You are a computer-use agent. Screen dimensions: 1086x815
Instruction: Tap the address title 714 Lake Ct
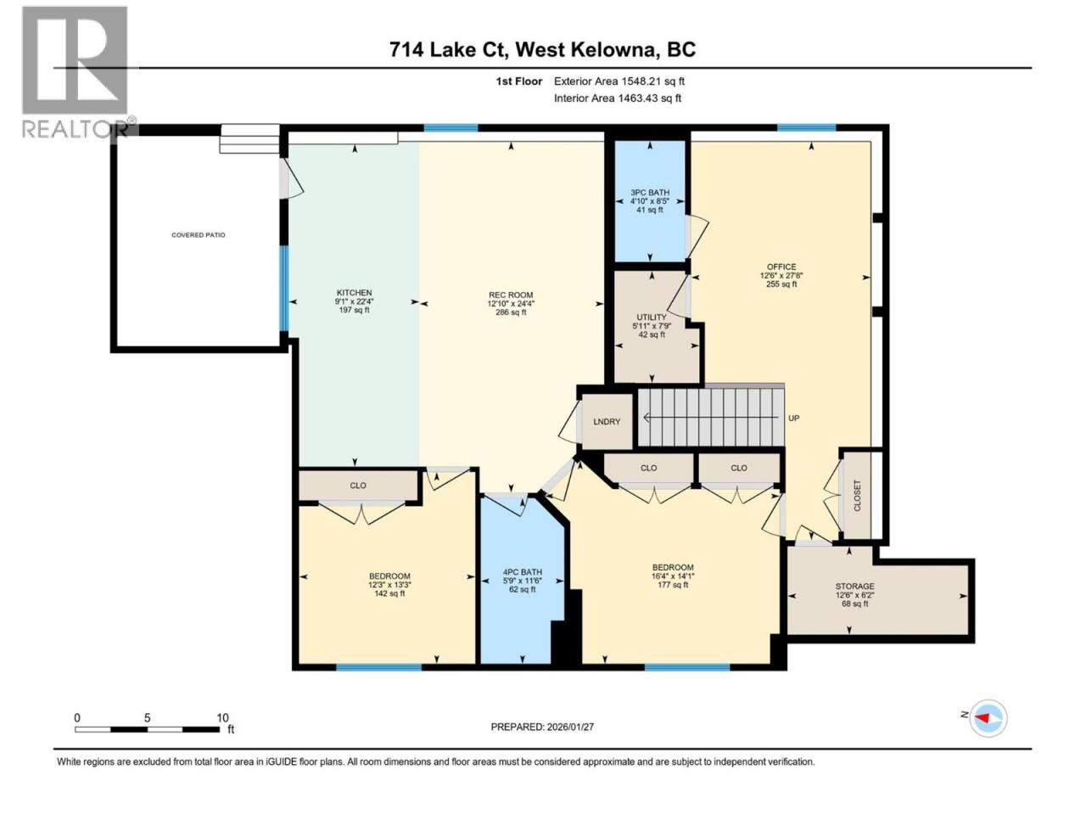[x=448, y=49]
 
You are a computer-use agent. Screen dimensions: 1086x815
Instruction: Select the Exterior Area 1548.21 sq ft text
[x=619, y=81]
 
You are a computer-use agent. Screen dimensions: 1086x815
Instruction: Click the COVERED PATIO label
[x=198, y=234]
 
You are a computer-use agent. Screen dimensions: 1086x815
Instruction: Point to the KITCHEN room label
[x=355, y=292]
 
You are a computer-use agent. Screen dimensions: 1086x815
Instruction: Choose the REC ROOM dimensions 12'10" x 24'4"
[x=511, y=303]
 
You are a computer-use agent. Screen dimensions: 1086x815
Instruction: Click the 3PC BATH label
[x=650, y=192]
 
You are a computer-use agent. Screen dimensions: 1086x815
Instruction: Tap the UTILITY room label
[x=652, y=317]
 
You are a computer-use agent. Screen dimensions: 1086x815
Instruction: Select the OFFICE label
[x=781, y=267]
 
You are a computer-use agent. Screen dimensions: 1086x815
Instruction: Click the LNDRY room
[x=607, y=422]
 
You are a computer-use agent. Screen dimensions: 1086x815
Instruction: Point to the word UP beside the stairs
[x=793, y=419]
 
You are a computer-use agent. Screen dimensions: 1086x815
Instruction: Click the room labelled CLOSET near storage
[x=857, y=495]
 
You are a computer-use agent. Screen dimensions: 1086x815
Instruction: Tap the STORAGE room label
[x=854, y=586]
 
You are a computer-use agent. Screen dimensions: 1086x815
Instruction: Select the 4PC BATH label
[x=522, y=571]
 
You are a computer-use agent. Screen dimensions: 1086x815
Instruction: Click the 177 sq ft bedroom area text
[x=673, y=584]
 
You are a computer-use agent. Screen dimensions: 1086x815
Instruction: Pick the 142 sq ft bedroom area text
[x=389, y=593]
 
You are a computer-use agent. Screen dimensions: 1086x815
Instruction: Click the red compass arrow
[x=982, y=717]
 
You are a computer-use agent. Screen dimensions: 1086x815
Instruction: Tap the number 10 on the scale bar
[x=222, y=717]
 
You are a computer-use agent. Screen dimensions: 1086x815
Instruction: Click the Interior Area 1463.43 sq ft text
[x=618, y=98]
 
